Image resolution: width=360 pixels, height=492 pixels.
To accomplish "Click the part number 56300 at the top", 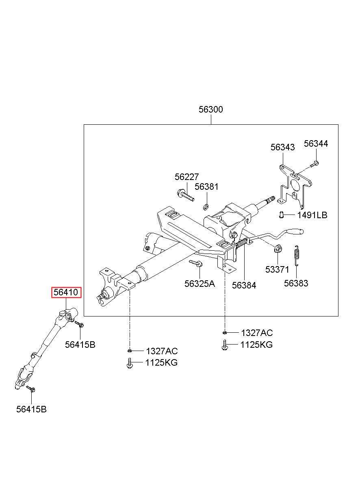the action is (210, 109).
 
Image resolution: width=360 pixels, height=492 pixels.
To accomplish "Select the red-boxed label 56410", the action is (66, 293).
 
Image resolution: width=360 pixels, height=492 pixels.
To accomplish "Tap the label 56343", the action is (282, 147).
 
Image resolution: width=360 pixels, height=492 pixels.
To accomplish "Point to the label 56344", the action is (316, 144).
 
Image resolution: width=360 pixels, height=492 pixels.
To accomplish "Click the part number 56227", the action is (187, 177).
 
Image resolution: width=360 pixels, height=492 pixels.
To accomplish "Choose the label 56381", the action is (206, 187).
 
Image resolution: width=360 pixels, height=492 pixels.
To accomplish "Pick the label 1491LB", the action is (312, 215).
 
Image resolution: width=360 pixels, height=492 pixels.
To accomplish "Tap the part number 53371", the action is (277, 269).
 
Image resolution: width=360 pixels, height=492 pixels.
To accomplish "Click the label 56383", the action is (296, 283).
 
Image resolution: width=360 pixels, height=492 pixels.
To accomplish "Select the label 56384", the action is (244, 285).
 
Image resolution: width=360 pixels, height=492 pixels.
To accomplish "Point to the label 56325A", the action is (200, 284).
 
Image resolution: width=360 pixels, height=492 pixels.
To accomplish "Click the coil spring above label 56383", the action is (296, 256).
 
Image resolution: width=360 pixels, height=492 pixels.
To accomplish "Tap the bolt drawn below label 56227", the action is (185, 195).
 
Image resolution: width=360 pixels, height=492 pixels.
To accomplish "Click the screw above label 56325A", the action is (196, 263).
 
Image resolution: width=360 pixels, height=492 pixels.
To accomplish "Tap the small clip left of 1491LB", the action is (281, 215).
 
